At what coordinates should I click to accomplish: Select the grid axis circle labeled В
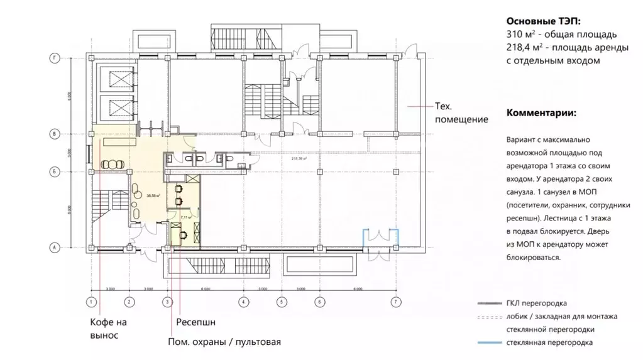coord(55,134)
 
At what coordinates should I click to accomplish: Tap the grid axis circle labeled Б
coord(55,171)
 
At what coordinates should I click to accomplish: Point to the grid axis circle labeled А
coord(55,248)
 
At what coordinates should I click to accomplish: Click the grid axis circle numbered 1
coord(91,302)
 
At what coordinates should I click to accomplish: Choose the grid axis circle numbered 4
coord(242,302)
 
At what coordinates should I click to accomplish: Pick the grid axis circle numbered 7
coord(395,302)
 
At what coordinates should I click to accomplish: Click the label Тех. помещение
coord(461,113)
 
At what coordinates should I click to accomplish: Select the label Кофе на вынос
coord(108,329)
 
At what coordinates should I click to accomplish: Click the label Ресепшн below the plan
coord(195,322)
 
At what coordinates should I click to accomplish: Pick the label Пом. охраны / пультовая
coord(223,342)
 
